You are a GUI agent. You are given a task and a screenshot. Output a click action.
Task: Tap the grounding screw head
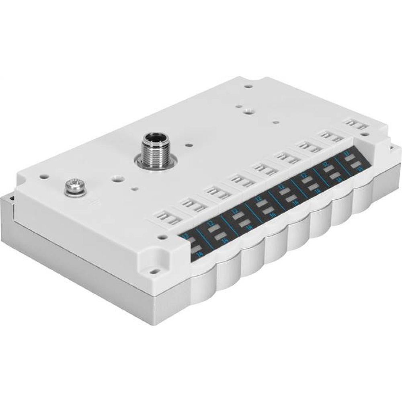(75, 186)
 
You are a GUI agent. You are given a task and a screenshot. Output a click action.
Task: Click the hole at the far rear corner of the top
(248, 86)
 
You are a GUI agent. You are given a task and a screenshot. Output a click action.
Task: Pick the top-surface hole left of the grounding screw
(41, 176)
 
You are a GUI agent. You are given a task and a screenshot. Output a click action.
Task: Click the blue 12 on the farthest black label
(347, 153)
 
